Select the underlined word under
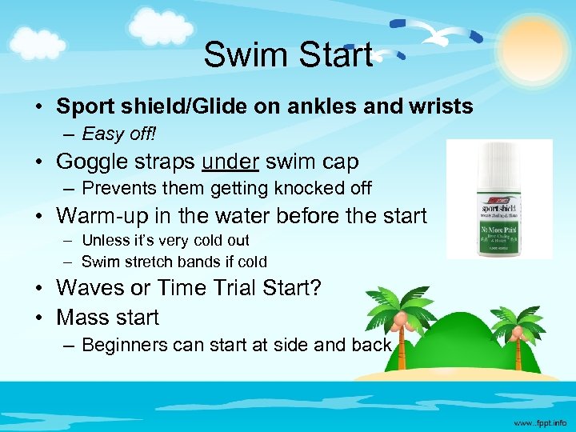pos(230,162)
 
